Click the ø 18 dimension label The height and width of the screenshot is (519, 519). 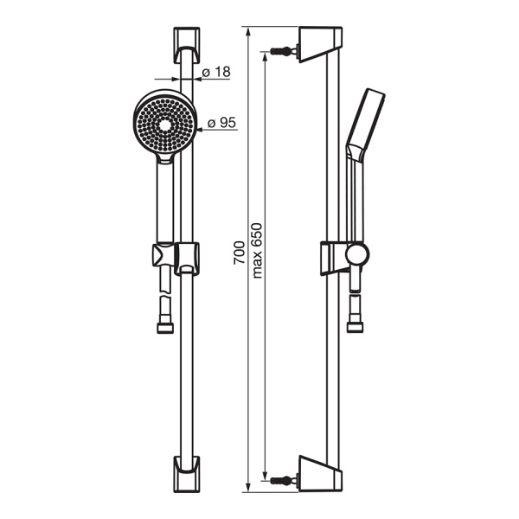[216, 72]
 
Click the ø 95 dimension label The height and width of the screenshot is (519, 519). [221, 123]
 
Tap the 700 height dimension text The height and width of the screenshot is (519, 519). [240, 253]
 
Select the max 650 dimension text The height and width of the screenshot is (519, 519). [257, 251]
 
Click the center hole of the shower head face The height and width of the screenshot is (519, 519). [164, 125]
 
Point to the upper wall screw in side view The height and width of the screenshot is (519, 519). [284, 51]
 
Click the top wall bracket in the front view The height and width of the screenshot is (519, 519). [187, 45]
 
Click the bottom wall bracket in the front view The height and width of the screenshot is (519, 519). [187, 474]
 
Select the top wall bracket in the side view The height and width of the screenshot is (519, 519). [320, 44]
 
